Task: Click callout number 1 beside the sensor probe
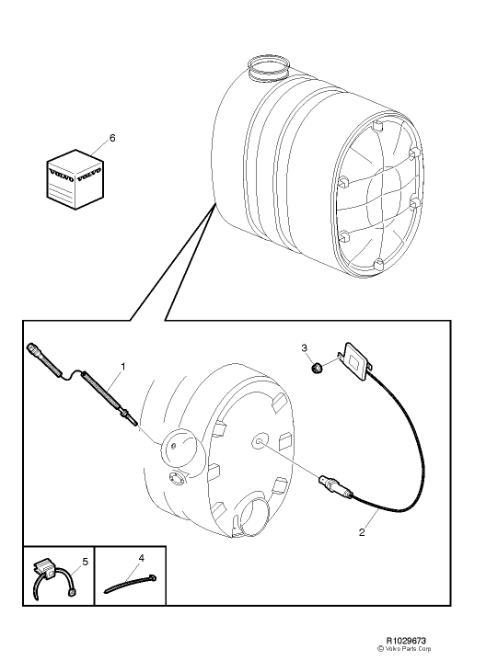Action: (x=123, y=366)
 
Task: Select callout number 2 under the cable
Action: (x=362, y=531)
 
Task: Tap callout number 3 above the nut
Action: (x=305, y=347)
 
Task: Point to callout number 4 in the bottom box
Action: (x=142, y=557)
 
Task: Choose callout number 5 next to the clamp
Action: (x=84, y=559)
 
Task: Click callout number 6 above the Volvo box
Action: (x=112, y=137)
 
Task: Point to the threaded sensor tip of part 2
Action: (x=325, y=480)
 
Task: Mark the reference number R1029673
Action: (x=411, y=637)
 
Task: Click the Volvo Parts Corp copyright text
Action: (x=414, y=647)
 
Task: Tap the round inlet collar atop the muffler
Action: (x=266, y=65)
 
